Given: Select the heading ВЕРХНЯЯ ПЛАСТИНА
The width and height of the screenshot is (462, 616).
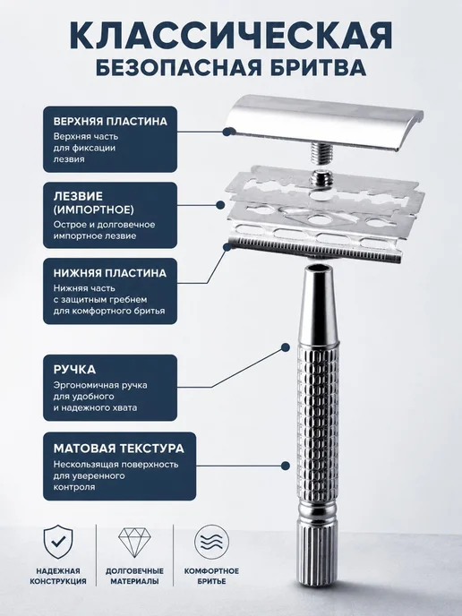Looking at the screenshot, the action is [x=110, y=121].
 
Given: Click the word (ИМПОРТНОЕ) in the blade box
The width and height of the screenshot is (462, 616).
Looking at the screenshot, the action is [x=94, y=210].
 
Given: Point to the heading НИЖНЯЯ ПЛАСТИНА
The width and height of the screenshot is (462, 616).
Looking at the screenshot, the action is [x=110, y=273].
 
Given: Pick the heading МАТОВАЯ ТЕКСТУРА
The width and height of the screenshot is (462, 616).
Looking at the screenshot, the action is [x=119, y=449].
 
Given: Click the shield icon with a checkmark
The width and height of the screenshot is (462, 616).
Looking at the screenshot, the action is [x=58, y=542].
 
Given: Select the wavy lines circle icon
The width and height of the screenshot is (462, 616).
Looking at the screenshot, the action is [x=211, y=543].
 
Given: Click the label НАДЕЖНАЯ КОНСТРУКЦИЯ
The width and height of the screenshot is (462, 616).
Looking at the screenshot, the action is [x=58, y=576].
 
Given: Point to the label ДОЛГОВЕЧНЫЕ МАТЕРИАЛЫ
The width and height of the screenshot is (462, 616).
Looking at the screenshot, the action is [x=134, y=576].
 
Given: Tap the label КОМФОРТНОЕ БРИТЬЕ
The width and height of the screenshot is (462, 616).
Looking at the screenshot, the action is [x=211, y=576].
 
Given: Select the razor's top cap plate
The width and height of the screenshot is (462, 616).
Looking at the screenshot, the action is [x=325, y=122].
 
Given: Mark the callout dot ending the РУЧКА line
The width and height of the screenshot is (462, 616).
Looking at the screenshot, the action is [x=286, y=347].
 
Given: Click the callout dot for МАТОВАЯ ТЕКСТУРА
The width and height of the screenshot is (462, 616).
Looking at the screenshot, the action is [x=286, y=466].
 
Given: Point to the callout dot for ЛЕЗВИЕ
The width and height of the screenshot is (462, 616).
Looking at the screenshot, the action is [x=220, y=205].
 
